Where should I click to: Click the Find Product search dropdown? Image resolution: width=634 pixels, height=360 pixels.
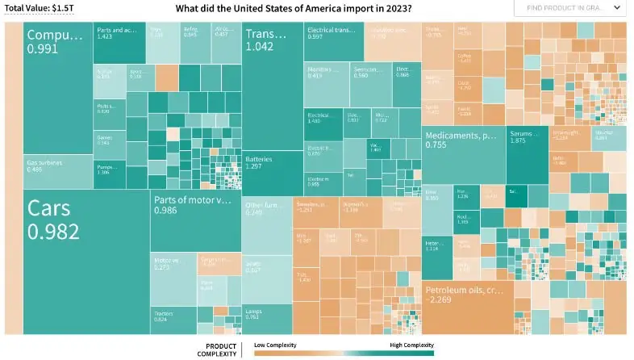[569, 8]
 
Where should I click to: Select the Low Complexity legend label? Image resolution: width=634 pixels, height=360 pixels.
[275, 345]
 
